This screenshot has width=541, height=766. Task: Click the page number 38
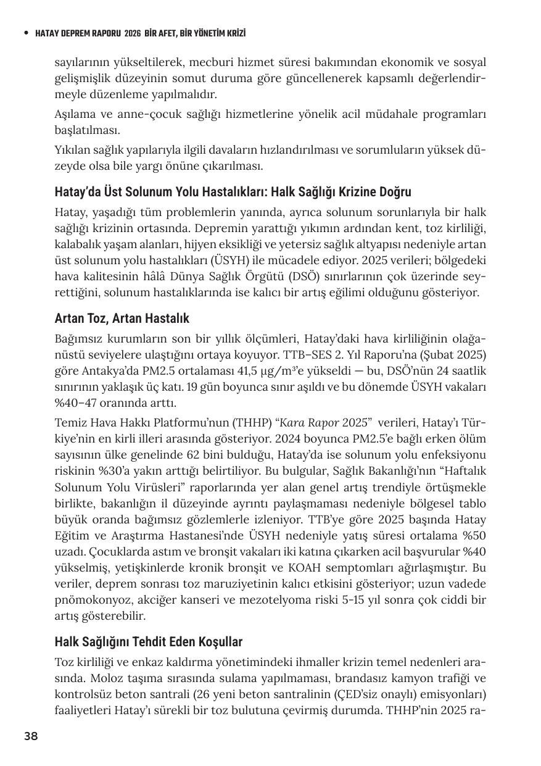point(31,736)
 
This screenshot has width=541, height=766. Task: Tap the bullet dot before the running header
point(25,33)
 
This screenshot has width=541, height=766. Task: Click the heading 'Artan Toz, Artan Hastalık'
point(122,318)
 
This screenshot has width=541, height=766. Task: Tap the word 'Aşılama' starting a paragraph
point(73,115)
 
